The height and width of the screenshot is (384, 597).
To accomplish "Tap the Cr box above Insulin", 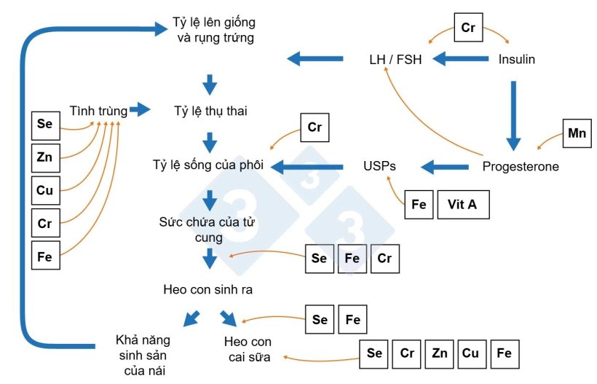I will pyautogui.click(x=468, y=28).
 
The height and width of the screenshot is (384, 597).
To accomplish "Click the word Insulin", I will pyautogui.click(x=517, y=59).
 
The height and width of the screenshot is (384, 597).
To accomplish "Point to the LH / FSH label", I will pyautogui.click(x=395, y=59).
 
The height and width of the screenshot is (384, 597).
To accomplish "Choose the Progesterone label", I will pyautogui.click(x=521, y=166).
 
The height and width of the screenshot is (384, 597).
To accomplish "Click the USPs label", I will pyautogui.click(x=379, y=166).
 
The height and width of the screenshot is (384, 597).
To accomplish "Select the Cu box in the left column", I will pyautogui.click(x=45, y=189).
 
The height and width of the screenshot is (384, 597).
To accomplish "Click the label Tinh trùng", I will pyautogui.click(x=98, y=111).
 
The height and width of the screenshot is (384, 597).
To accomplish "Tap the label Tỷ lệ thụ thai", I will pyautogui.click(x=209, y=111).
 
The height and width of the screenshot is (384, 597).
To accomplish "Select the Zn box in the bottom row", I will pyautogui.click(x=439, y=353).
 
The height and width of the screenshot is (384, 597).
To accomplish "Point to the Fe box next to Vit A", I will pyautogui.click(x=419, y=205).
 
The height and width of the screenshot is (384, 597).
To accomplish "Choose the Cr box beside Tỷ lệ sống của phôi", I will pyautogui.click(x=315, y=128).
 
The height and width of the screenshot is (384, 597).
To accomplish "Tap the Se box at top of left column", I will pyautogui.click(x=45, y=125).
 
